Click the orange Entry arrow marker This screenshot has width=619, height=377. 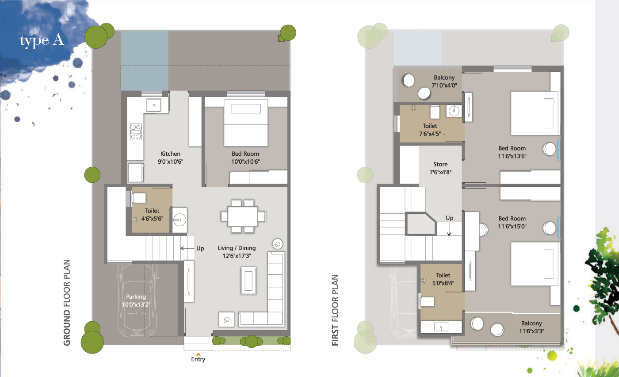[x=198, y=354]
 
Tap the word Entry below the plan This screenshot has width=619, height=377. [x=198, y=359]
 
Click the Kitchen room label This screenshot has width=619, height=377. [x=170, y=154]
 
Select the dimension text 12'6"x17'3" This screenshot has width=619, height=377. [x=237, y=256]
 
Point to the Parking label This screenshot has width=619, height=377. [x=136, y=296]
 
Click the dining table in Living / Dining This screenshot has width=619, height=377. [x=243, y=216]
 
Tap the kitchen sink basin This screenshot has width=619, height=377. [x=154, y=105]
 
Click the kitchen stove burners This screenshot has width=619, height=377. [x=136, y=132]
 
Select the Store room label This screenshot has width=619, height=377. [x=440, y=164]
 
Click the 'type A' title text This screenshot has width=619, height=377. [x=42, y=41]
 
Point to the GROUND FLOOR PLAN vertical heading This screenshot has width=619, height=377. [x=67, y=303]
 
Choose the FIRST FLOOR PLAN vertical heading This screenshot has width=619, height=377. [x=335, y=310]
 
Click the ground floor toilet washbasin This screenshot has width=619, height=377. [x=180, y=220]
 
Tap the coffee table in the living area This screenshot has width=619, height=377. [x=248, y=281]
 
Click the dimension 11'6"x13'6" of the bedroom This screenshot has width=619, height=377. [x=512, y=156]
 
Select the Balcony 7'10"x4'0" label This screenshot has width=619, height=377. [x=444, y=81]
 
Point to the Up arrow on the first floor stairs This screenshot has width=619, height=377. [x=449, y=229]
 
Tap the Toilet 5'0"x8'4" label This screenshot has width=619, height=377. [x=443, y=279]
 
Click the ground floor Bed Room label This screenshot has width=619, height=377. [x=245, y=154]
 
